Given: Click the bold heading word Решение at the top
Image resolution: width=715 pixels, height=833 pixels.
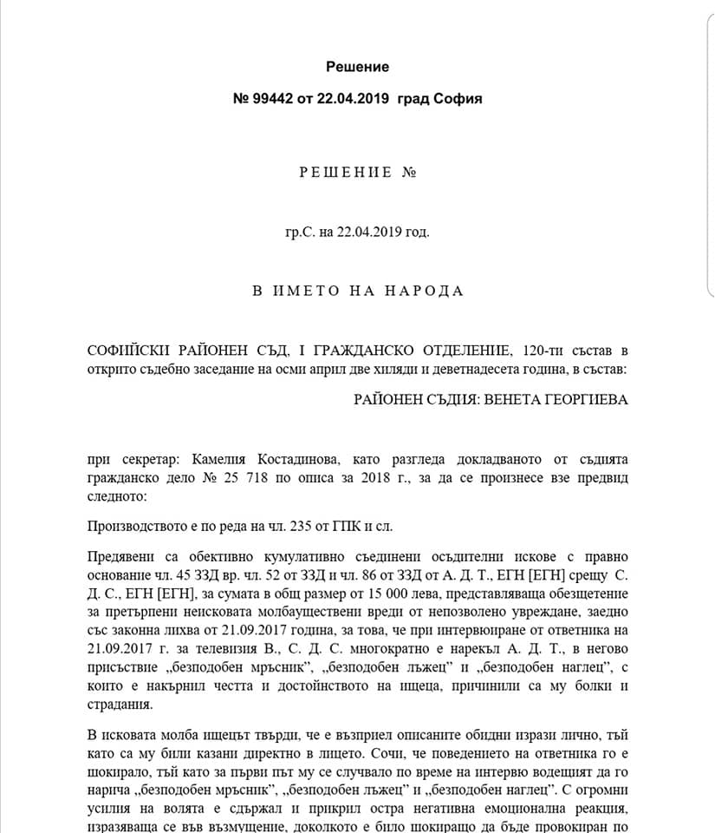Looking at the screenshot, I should [358, 67].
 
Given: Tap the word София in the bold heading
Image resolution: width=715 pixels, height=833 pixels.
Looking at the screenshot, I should [459, 99].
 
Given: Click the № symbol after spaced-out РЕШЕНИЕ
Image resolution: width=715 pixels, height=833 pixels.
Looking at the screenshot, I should [410, 172].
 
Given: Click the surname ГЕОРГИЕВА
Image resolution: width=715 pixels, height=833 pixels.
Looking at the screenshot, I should [583, 400].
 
